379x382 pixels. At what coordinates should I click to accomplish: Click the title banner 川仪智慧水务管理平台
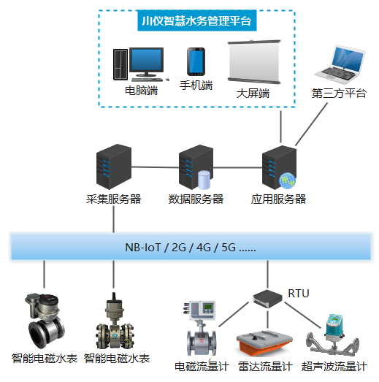tap(195, 20)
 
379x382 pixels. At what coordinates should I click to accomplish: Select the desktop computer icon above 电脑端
tap(138, 64)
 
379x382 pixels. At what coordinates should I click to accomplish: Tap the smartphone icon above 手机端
tap(196, 61)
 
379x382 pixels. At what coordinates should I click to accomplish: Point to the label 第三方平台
tap(338, 94)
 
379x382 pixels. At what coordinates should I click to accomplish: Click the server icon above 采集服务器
tap(112, 166)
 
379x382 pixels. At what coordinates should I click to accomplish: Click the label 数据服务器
tap(196, 199)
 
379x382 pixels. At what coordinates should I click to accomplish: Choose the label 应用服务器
tap(278, 199)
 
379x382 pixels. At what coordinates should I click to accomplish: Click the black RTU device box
tap(268, 297)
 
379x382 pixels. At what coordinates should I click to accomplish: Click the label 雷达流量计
tap(265, 367)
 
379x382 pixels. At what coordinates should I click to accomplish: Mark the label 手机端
tap(196, 85)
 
